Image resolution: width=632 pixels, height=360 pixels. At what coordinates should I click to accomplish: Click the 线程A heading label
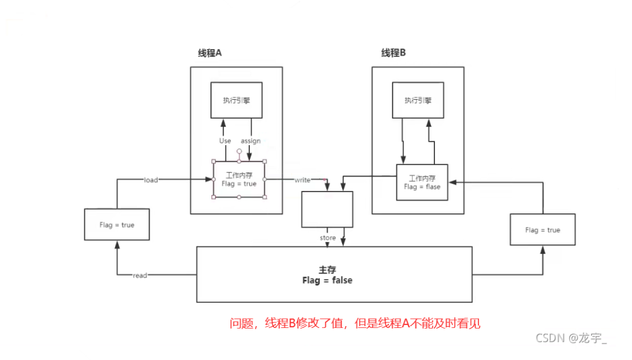(210, 53)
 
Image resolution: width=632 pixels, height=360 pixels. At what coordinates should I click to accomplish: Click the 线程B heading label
(393, 53)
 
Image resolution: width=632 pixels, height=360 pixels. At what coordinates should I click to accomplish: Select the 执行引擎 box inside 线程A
(237, 100)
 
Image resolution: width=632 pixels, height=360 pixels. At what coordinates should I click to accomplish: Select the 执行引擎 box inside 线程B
(418, 100)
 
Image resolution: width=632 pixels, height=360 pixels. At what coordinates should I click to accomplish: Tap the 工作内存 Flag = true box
(239, 179)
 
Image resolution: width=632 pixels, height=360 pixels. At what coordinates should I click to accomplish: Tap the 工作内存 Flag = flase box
(422, 182)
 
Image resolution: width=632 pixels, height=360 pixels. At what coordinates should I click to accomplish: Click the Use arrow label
(225, 140)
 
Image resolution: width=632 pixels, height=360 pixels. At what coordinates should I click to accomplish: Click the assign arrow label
(250, 140)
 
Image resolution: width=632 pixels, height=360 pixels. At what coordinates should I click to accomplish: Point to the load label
(151, 180)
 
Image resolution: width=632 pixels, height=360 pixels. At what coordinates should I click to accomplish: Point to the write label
(302, 180)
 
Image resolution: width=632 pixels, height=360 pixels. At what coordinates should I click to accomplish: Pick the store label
(328, 237)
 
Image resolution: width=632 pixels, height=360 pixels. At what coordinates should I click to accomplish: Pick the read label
(140, 276)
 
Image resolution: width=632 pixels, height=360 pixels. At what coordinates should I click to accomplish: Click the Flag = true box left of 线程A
(116, 225)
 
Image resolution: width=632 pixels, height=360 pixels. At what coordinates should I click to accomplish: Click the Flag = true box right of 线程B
(542, 230)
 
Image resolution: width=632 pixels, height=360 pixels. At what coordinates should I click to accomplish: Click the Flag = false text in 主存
(327, 280)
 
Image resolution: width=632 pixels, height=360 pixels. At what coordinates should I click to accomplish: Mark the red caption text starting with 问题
(355, 323)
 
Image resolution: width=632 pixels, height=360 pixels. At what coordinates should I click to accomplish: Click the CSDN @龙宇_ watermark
(571, 338)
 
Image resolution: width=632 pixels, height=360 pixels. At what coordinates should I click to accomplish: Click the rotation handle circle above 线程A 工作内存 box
(239, 153)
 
